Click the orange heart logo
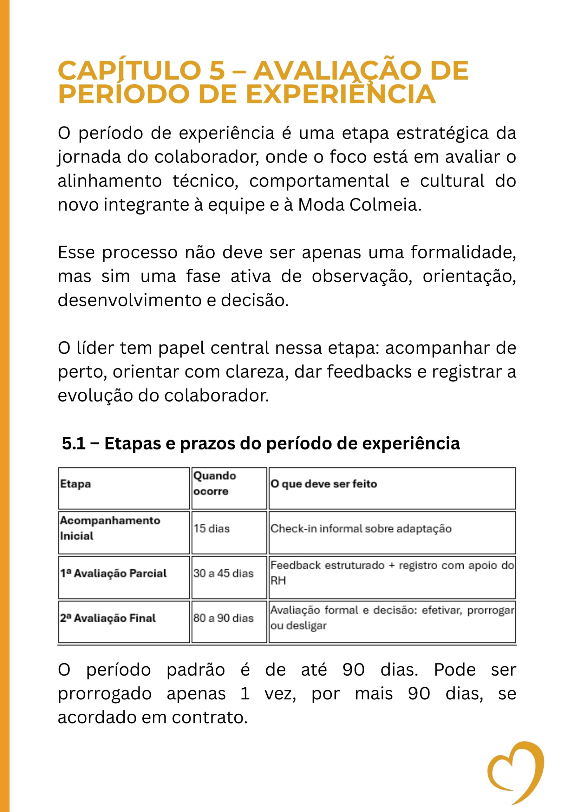[517, 771]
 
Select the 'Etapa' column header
[75, 484]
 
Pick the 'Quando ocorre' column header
[214, 483]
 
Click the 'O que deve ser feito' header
[323, 484]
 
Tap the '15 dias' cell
[212, 529]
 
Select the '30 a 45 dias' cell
[223, 573]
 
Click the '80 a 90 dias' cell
[223, 618]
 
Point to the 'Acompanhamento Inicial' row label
[110, 528]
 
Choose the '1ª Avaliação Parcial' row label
[113, 573]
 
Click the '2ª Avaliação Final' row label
[108, 618]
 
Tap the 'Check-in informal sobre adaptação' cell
[361, 529]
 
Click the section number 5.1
[74, 443]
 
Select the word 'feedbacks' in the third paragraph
[369, 372]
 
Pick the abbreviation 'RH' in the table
[278, 581]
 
